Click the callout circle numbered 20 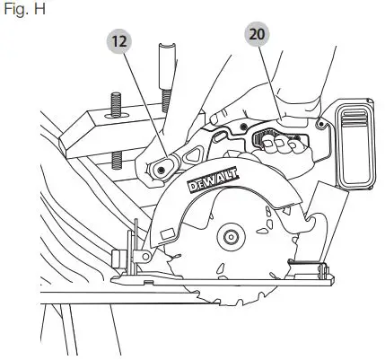tap(258, 35)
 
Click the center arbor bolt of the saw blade tap(231, 238)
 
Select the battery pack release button tap(350, 121)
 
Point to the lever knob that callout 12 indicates tap(162, 164)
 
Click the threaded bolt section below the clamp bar tap(116, 162)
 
